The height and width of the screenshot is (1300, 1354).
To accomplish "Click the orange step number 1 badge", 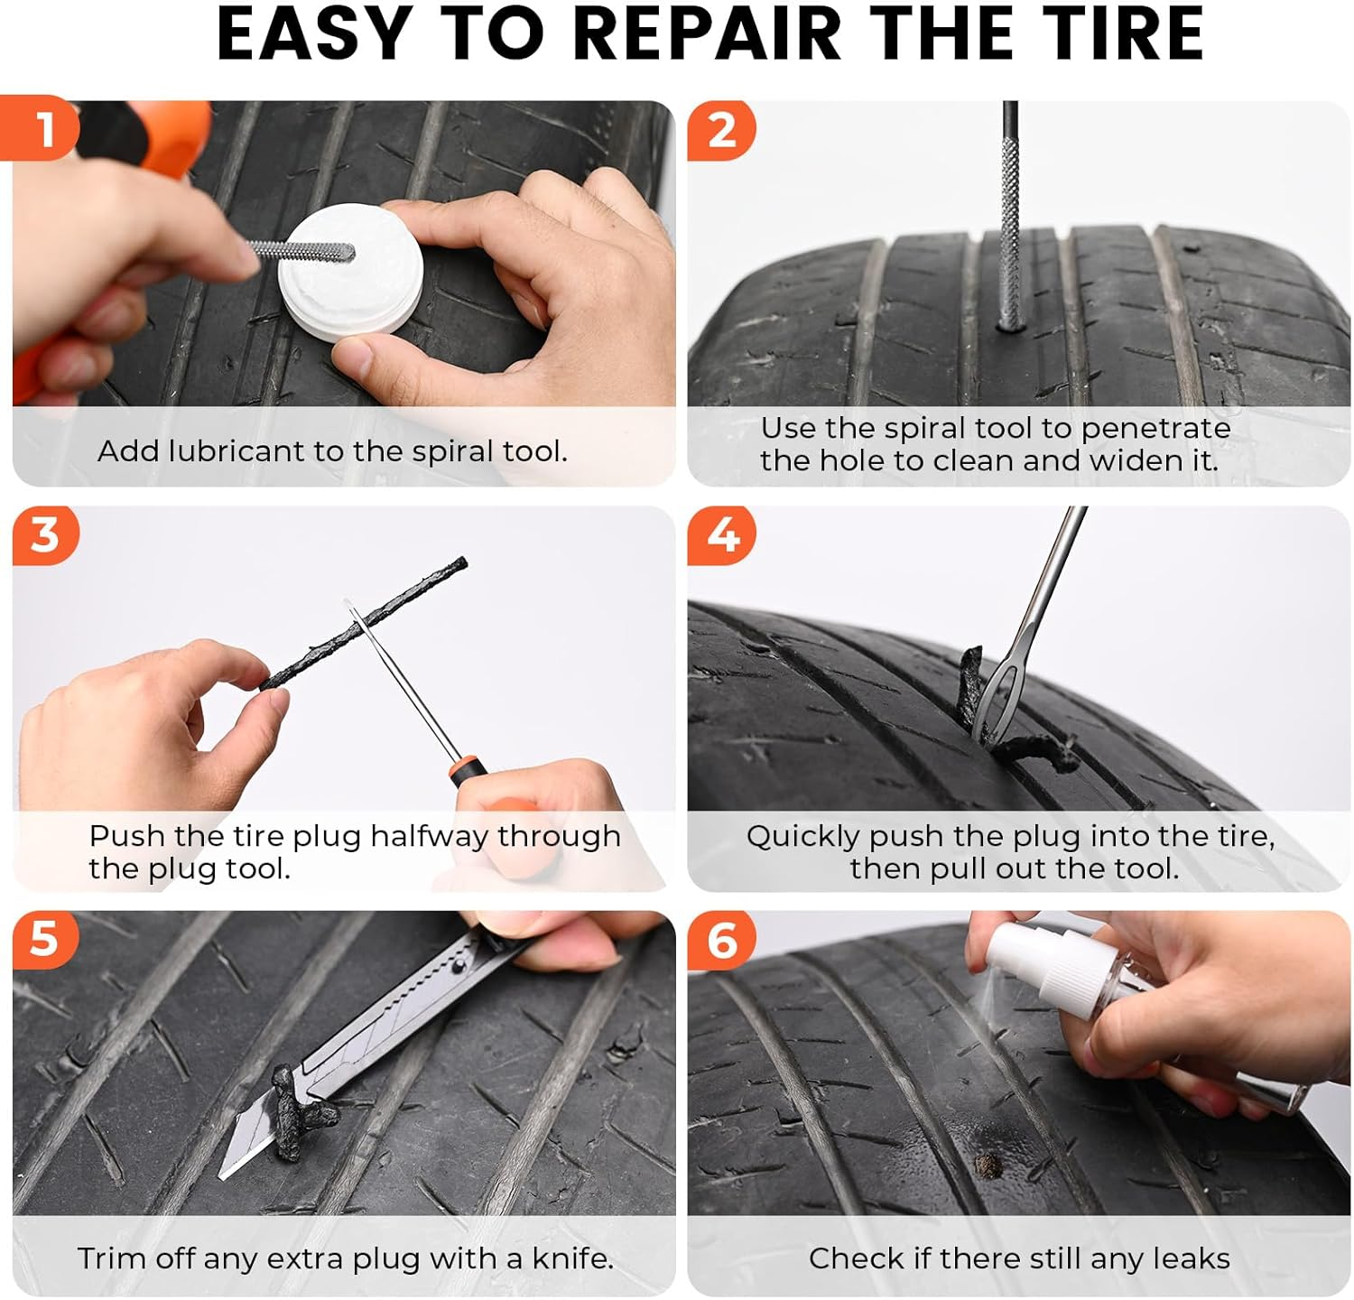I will click(42, 129).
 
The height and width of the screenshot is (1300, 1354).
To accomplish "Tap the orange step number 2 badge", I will click(720, 131).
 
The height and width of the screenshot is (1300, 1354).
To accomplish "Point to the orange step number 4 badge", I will click(721, 535).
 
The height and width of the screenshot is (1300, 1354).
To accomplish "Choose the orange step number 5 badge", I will click(44, 939).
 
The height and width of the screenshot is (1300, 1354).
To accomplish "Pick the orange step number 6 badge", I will click(721, 940).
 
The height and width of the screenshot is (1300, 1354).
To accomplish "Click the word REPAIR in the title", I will click(707, 34).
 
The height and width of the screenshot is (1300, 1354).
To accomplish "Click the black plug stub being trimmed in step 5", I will click(298, 1119).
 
